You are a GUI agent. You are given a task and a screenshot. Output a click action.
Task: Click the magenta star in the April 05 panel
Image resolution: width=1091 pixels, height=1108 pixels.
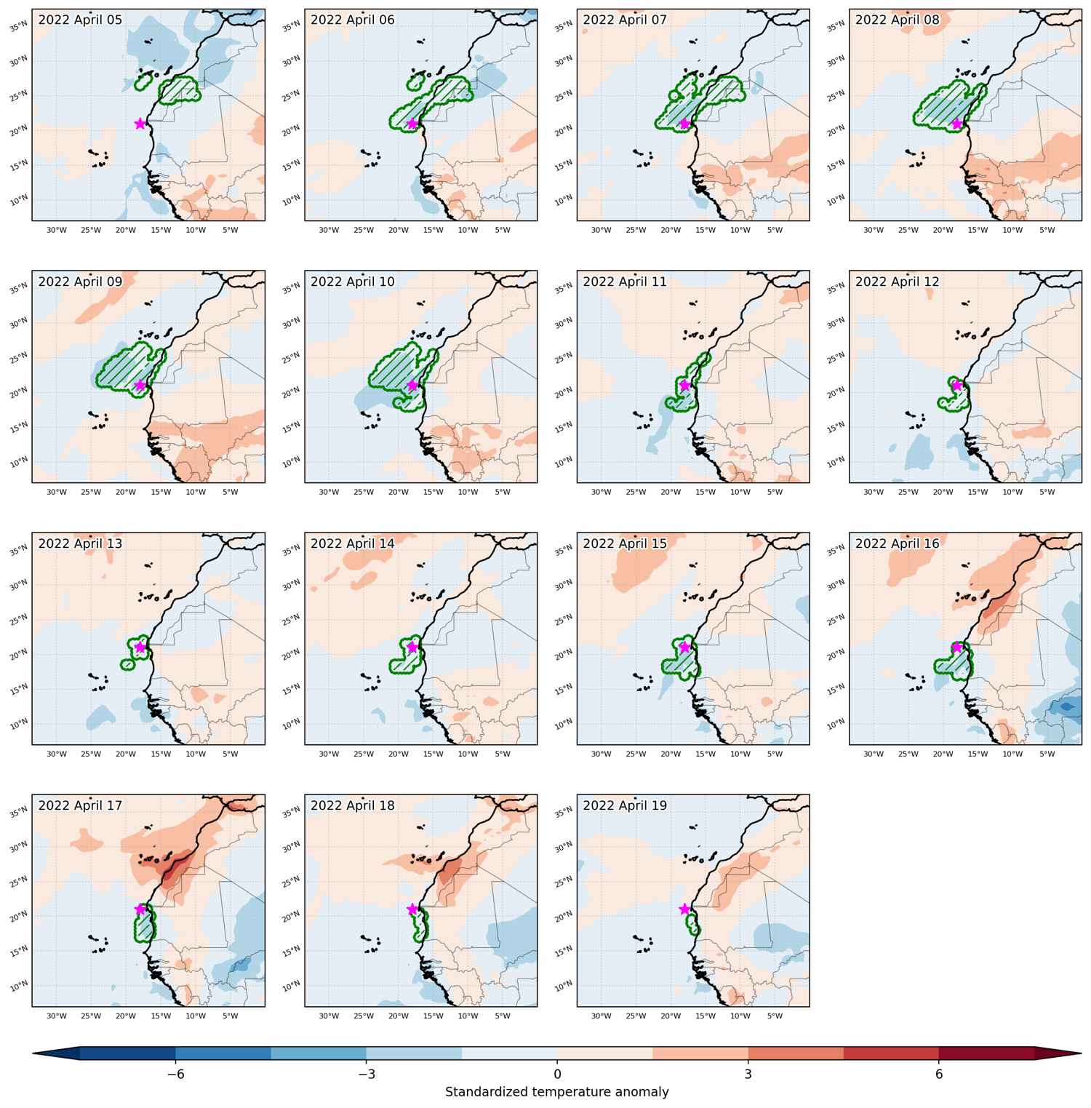click(x=140, y=124)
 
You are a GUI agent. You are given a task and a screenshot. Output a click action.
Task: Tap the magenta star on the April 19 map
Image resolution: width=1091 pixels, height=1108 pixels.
click(x=684, y=909)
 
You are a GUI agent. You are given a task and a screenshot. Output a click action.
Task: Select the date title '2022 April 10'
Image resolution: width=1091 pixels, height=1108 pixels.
click(x=353, y=282)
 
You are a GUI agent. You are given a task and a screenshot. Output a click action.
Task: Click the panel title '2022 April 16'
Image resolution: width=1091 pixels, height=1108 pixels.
click(x=898, y=543)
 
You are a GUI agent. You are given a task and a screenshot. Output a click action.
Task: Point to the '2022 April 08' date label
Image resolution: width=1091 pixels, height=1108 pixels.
click(x=898, y=20)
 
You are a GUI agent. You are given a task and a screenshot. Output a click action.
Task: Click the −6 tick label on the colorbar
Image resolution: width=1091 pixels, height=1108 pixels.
click(x=175, y=1075)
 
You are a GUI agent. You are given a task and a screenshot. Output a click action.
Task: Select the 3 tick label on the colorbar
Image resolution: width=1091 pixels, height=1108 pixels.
click(x=748, y=1075)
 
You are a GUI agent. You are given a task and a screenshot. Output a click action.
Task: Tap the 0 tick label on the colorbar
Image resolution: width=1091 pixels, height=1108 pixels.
click(x=557, y=1075)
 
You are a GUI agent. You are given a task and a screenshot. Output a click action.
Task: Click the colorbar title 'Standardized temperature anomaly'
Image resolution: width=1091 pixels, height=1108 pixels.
click(x=557, y=1092)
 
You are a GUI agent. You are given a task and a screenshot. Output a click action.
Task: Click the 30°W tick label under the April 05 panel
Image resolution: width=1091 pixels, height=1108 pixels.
click(x=56, y=231)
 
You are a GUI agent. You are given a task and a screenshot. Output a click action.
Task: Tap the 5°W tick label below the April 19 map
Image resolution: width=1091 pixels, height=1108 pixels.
click(x=775, y=1016)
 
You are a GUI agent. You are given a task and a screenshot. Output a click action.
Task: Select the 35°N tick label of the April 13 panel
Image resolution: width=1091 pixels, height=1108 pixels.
click(x=17, y=551)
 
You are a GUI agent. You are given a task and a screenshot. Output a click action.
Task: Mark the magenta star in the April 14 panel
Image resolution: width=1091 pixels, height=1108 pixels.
click(x=412, y=647)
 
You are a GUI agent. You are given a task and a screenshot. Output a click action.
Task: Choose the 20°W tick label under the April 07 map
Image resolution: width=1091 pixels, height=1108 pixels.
click(x=670, y=231)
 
